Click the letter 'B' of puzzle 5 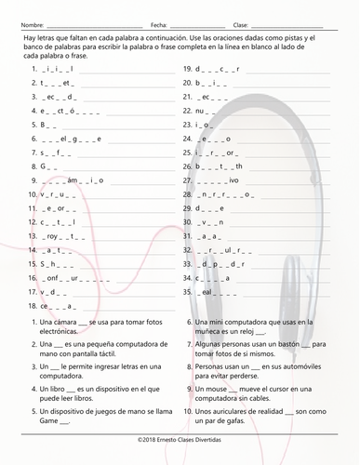[43, 125]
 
